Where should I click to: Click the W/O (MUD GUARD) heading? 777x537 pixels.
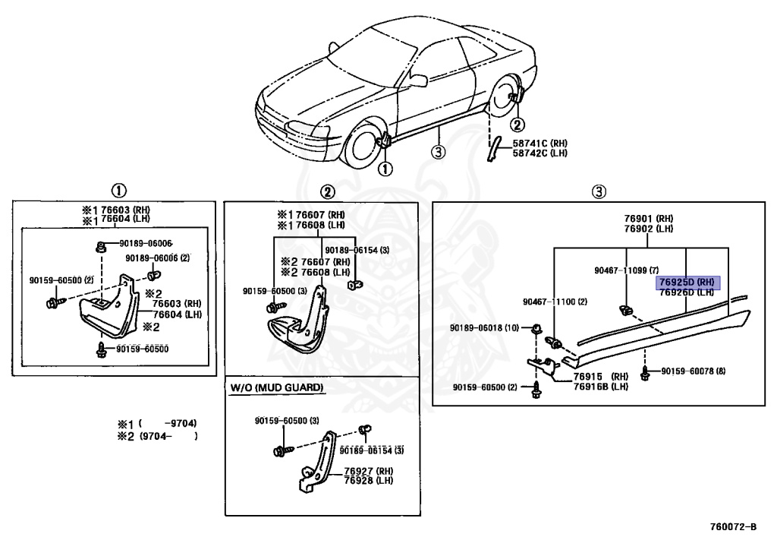(x=277, y=388)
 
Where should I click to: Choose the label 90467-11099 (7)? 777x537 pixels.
(x=627, y=270)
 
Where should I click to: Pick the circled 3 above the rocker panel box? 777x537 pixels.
(x=599, y=191)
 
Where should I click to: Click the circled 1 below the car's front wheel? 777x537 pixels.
(x=386, y=169)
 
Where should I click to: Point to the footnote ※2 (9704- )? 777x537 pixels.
(x=158, y=436)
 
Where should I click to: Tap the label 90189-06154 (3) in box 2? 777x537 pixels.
(x=357, y=250)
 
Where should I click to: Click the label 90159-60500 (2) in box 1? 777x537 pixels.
(x=61, y=280)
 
